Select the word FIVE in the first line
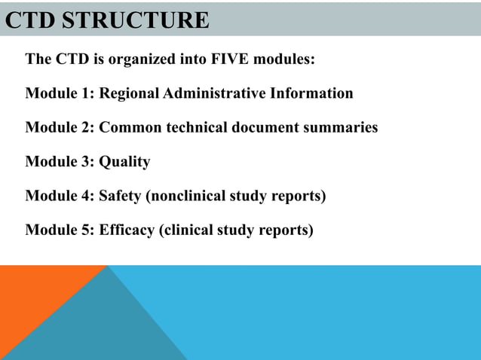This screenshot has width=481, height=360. (x=225, y=59)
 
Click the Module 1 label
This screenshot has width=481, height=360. (x=60, y=93)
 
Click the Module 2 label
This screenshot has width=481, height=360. (x=60, y=127)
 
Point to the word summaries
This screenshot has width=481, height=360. (x=342, y=127)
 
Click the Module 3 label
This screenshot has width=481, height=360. (x=60, y=162)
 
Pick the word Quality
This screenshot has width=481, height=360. (x=125, y=162)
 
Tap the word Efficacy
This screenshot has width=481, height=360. (x=127, y=230)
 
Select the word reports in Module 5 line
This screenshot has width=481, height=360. (x=286, y=230)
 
